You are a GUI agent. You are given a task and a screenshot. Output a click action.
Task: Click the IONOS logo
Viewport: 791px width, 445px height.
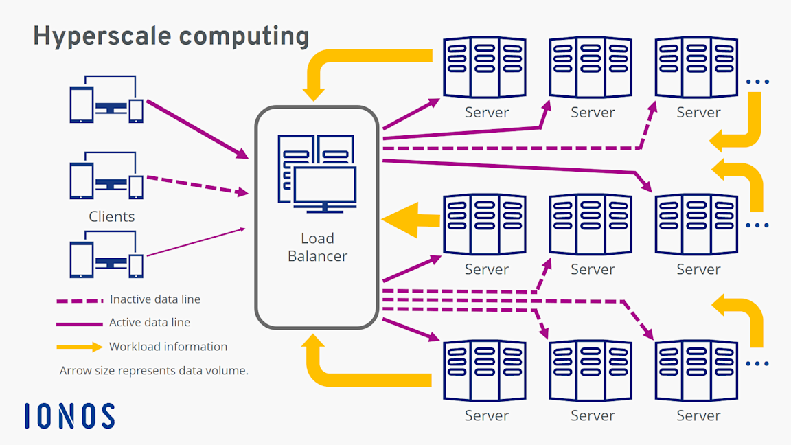pos(69,416)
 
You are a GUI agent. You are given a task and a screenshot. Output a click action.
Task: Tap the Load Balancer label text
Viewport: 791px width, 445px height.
pos(317,247)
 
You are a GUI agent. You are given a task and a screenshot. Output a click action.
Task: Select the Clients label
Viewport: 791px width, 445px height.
pos(111,216)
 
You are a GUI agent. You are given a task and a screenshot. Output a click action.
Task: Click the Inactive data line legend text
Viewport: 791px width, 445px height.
pos(154,299)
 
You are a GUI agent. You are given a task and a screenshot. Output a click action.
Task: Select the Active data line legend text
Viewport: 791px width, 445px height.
pos(150,322)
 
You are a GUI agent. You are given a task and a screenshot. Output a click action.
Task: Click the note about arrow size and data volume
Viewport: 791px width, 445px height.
pos(154,370)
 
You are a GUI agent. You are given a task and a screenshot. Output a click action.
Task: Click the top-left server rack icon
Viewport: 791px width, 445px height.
pos(485,67)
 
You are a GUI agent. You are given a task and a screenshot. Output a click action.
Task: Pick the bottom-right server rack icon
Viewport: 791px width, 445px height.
pos(696,371)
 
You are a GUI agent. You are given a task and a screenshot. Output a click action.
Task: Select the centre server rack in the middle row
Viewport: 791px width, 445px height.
pos(591,225)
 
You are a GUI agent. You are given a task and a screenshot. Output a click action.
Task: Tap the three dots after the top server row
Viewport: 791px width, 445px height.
pos(757,82)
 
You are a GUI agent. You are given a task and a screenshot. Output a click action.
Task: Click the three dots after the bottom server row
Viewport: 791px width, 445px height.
pos(757,363)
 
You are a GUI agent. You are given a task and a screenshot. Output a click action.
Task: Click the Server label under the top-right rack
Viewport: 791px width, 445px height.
pos(698,113)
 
